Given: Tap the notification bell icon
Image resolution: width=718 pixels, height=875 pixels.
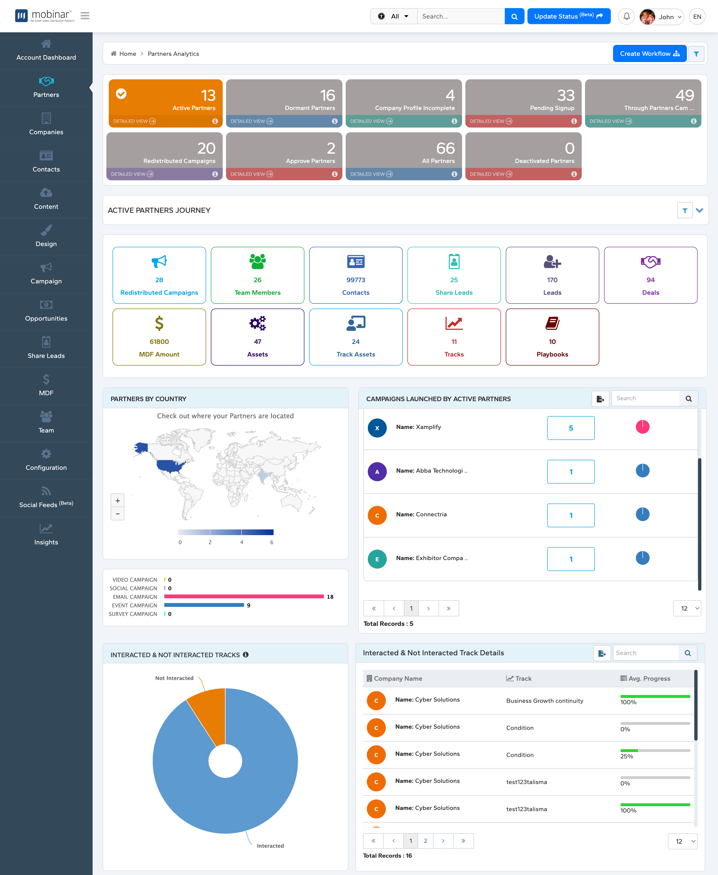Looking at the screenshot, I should pyautogui.click(x=626, y=17).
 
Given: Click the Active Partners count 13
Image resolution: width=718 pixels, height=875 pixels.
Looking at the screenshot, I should pyautogui.click(x=208, y=95).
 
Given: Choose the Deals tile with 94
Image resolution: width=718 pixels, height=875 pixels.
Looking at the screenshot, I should pyautogui.click(x=650, y=275).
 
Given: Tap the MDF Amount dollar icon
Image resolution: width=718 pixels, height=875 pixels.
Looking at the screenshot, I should pyautogui.click(x=159, y=323).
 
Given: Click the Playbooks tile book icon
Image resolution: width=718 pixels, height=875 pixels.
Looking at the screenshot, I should pyautogui.click(x=552, y=323).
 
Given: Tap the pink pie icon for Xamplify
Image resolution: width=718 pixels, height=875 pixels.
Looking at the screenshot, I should pyautogui.click(x=642, y=427).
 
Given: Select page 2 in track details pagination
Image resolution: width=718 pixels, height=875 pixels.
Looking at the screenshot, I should pyautogui.click(x=425, y=841).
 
